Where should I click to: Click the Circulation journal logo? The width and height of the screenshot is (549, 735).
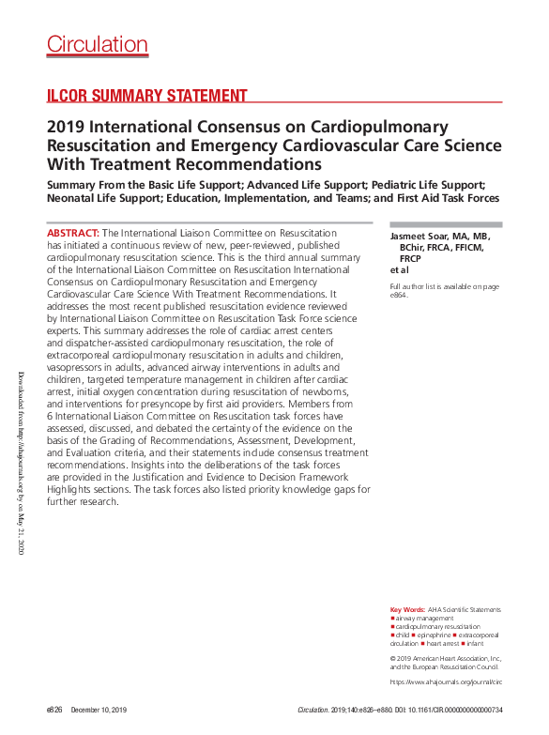click(98, 44)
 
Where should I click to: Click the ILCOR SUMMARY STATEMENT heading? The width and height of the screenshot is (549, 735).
click(147, 96)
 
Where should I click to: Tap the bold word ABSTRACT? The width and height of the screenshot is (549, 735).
click(73, 232)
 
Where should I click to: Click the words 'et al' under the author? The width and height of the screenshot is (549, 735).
click(399, 269)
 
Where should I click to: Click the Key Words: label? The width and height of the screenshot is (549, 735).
click(407, 609)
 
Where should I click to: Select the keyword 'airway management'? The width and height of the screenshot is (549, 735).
click(425, 618)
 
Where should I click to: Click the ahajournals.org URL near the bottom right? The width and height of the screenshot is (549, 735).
click(446, 681)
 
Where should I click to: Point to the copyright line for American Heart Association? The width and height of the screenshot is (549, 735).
click(446, 659)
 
